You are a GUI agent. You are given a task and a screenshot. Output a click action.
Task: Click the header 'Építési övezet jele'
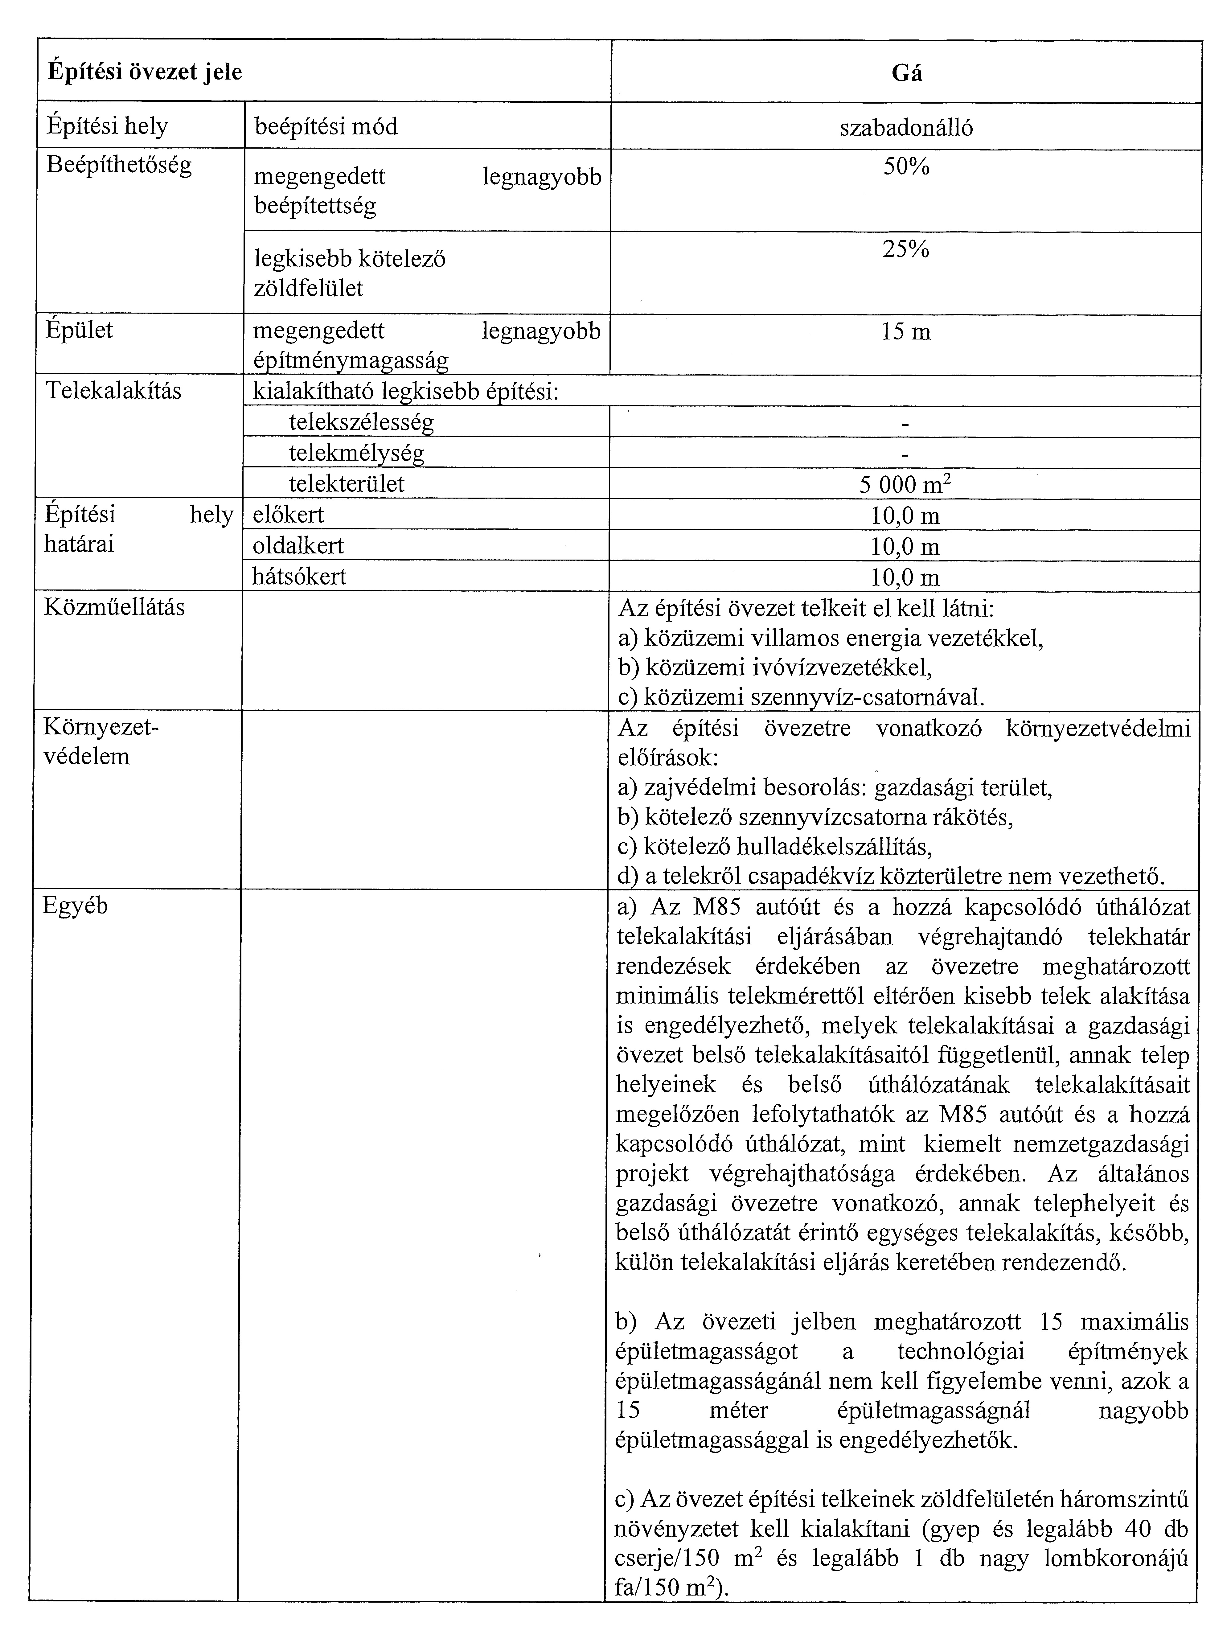(145, 72)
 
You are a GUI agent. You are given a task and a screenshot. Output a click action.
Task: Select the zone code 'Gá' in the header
(906, 74)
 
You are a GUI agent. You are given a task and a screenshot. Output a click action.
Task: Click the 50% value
(906, 167)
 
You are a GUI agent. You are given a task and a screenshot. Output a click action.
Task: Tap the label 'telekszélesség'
(361, 423)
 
